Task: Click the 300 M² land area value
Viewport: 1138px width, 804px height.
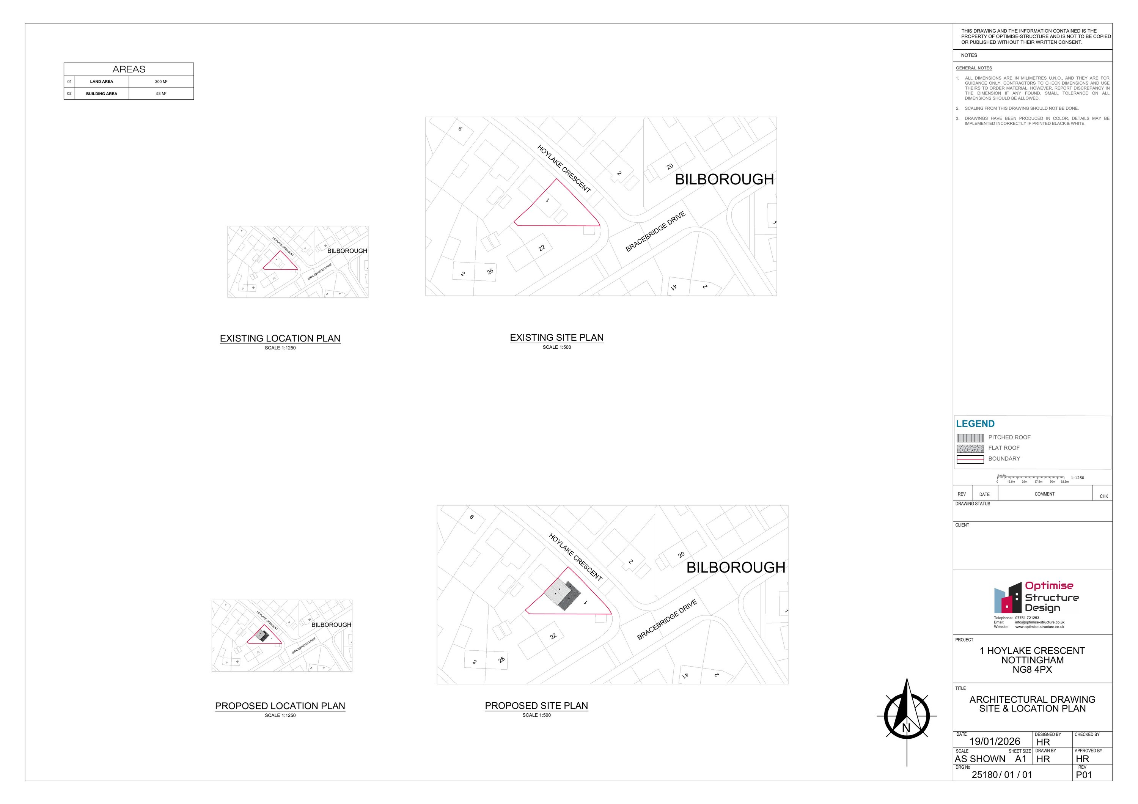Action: point(161,82)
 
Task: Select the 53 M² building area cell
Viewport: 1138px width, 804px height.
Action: point(161,94)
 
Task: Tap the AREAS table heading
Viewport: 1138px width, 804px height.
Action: point(129,69)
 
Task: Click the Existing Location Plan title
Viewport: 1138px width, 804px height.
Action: point(280,338)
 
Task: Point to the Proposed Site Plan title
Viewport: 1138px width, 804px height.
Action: point(536,705)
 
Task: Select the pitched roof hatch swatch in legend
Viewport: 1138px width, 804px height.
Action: point(970,438)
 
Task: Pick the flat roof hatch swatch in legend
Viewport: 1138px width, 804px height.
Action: point(970,448)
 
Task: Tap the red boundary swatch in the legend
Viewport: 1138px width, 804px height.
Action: point(970,459)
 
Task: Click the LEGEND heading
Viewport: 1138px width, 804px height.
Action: point(975,424)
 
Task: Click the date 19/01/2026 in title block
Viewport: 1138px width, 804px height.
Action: point(994,741)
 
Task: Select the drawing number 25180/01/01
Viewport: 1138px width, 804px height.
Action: point(1002,775)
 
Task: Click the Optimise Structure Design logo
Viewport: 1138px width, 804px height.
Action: point(1036,598)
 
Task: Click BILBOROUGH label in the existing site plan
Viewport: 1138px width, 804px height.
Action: point(724,179)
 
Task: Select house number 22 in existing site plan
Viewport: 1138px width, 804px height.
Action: point(542,248)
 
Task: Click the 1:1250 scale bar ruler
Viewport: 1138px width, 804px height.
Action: point(1030,478)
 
